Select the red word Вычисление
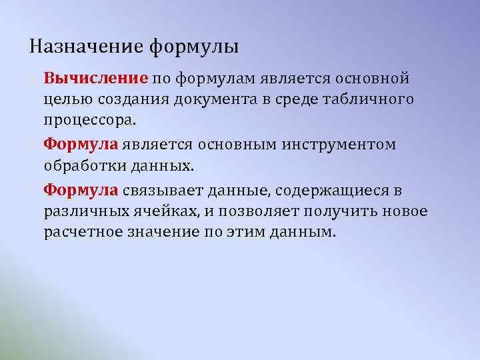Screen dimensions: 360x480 pyautogui.click(x=95, y=79)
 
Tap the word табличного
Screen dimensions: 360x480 pyautogui.click(x=374, y=99)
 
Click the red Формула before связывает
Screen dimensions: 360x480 pyautogui.click(x=81, y=191)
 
